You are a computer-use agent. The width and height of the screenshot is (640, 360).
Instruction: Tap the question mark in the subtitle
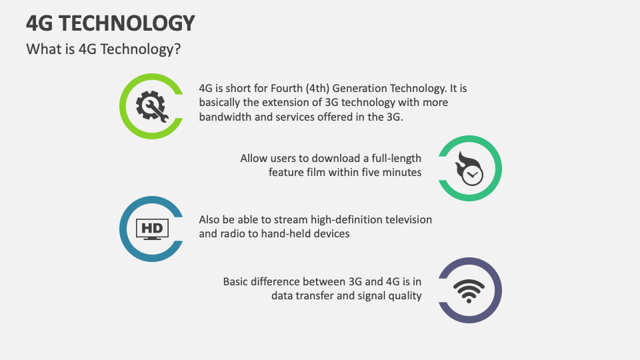(177, 49)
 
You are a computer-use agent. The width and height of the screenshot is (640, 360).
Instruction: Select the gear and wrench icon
(151, 105)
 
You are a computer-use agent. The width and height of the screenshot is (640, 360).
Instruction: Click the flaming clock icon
(470, 168)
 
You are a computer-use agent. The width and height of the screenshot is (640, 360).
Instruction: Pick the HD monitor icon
(152, 229)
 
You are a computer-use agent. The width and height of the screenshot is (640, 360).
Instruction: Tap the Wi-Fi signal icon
(470, 290)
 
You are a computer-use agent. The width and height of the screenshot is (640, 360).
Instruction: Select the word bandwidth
(225, 117)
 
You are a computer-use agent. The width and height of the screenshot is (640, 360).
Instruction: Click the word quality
(404, 295)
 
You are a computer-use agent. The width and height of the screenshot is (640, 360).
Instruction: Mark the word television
(407, 219)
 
